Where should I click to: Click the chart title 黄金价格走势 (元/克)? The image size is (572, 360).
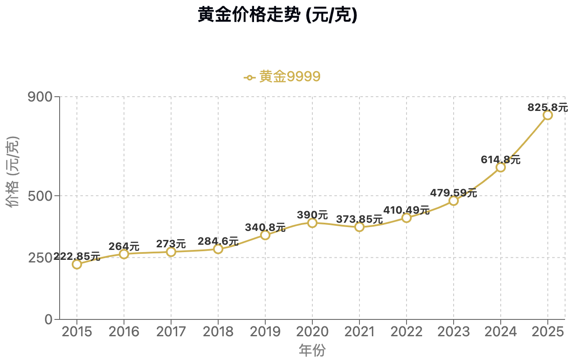(x=277, y=16)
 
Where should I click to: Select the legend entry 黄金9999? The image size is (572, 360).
(x=283, y=77)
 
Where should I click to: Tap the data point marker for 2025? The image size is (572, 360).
(x=547, y=115)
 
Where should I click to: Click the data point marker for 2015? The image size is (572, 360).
(x=77, y=264)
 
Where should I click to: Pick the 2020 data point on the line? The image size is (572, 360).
(x=312, y=223)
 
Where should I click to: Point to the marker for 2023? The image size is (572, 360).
(x=453, y=201)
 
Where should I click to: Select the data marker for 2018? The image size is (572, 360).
(x=218, y=249)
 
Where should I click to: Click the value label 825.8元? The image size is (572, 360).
(x=547, y=107)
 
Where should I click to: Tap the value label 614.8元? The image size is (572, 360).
(x=500, y=160)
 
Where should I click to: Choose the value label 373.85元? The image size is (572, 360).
(x=359, y=219)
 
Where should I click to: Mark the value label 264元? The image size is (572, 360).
(x=124, y=246)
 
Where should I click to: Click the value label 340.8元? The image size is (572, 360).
(x=265, y=227)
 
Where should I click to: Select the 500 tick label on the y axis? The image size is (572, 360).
(x=40, y=196)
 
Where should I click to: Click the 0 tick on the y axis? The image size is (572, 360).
(x=48, y=319)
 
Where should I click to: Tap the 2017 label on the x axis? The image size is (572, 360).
(x=171, y=332)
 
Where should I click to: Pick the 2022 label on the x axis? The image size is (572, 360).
(x=406, y=332)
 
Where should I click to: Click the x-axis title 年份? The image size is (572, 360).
(x=312, y=350)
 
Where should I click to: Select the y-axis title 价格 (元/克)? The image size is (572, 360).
(x=14, y=171)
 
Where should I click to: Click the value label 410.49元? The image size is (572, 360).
(x=406, y=210)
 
